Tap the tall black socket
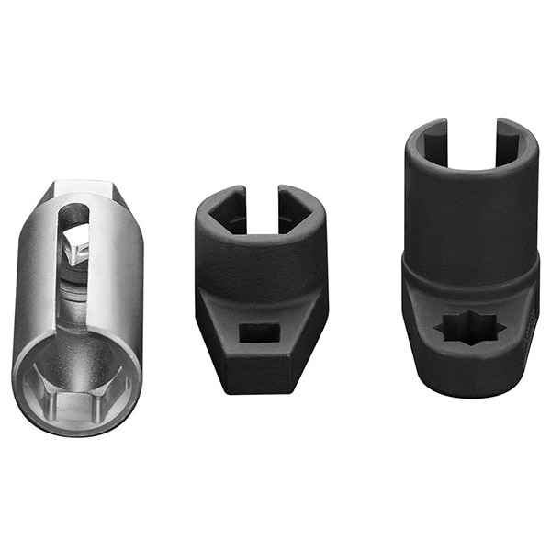[x=470, y=266]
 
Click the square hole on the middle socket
[x=260, y=333]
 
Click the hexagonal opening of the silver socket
[x=77, y=386]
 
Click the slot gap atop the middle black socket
[x=263, y=207]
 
